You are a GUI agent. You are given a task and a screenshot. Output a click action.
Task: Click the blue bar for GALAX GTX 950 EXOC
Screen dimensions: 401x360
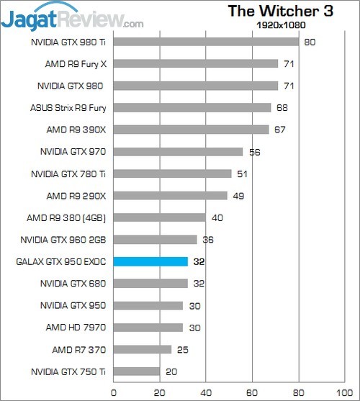[x=150, y=261]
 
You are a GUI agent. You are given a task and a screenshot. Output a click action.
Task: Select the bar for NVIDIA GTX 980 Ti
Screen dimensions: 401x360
[x=206, y=42]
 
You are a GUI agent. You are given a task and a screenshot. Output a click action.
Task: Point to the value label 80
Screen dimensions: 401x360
[x=310, y=42]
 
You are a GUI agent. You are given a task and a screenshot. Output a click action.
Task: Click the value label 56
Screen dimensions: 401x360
[x=254, y=152]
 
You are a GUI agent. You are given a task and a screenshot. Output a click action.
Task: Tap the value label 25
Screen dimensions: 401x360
[x=183, y=349]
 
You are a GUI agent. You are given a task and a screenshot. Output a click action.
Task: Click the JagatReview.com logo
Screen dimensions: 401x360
[x=72, y=16]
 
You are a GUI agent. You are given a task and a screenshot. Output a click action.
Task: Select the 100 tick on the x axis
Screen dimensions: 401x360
[x=344, y=392]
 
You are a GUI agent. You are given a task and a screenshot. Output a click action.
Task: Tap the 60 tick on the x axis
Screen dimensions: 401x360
[x=252, y=392]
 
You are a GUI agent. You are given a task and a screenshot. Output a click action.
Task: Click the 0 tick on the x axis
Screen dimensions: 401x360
[x=114, y=392]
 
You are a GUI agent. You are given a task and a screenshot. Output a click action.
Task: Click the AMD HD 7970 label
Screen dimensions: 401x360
[x=76, y=328]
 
